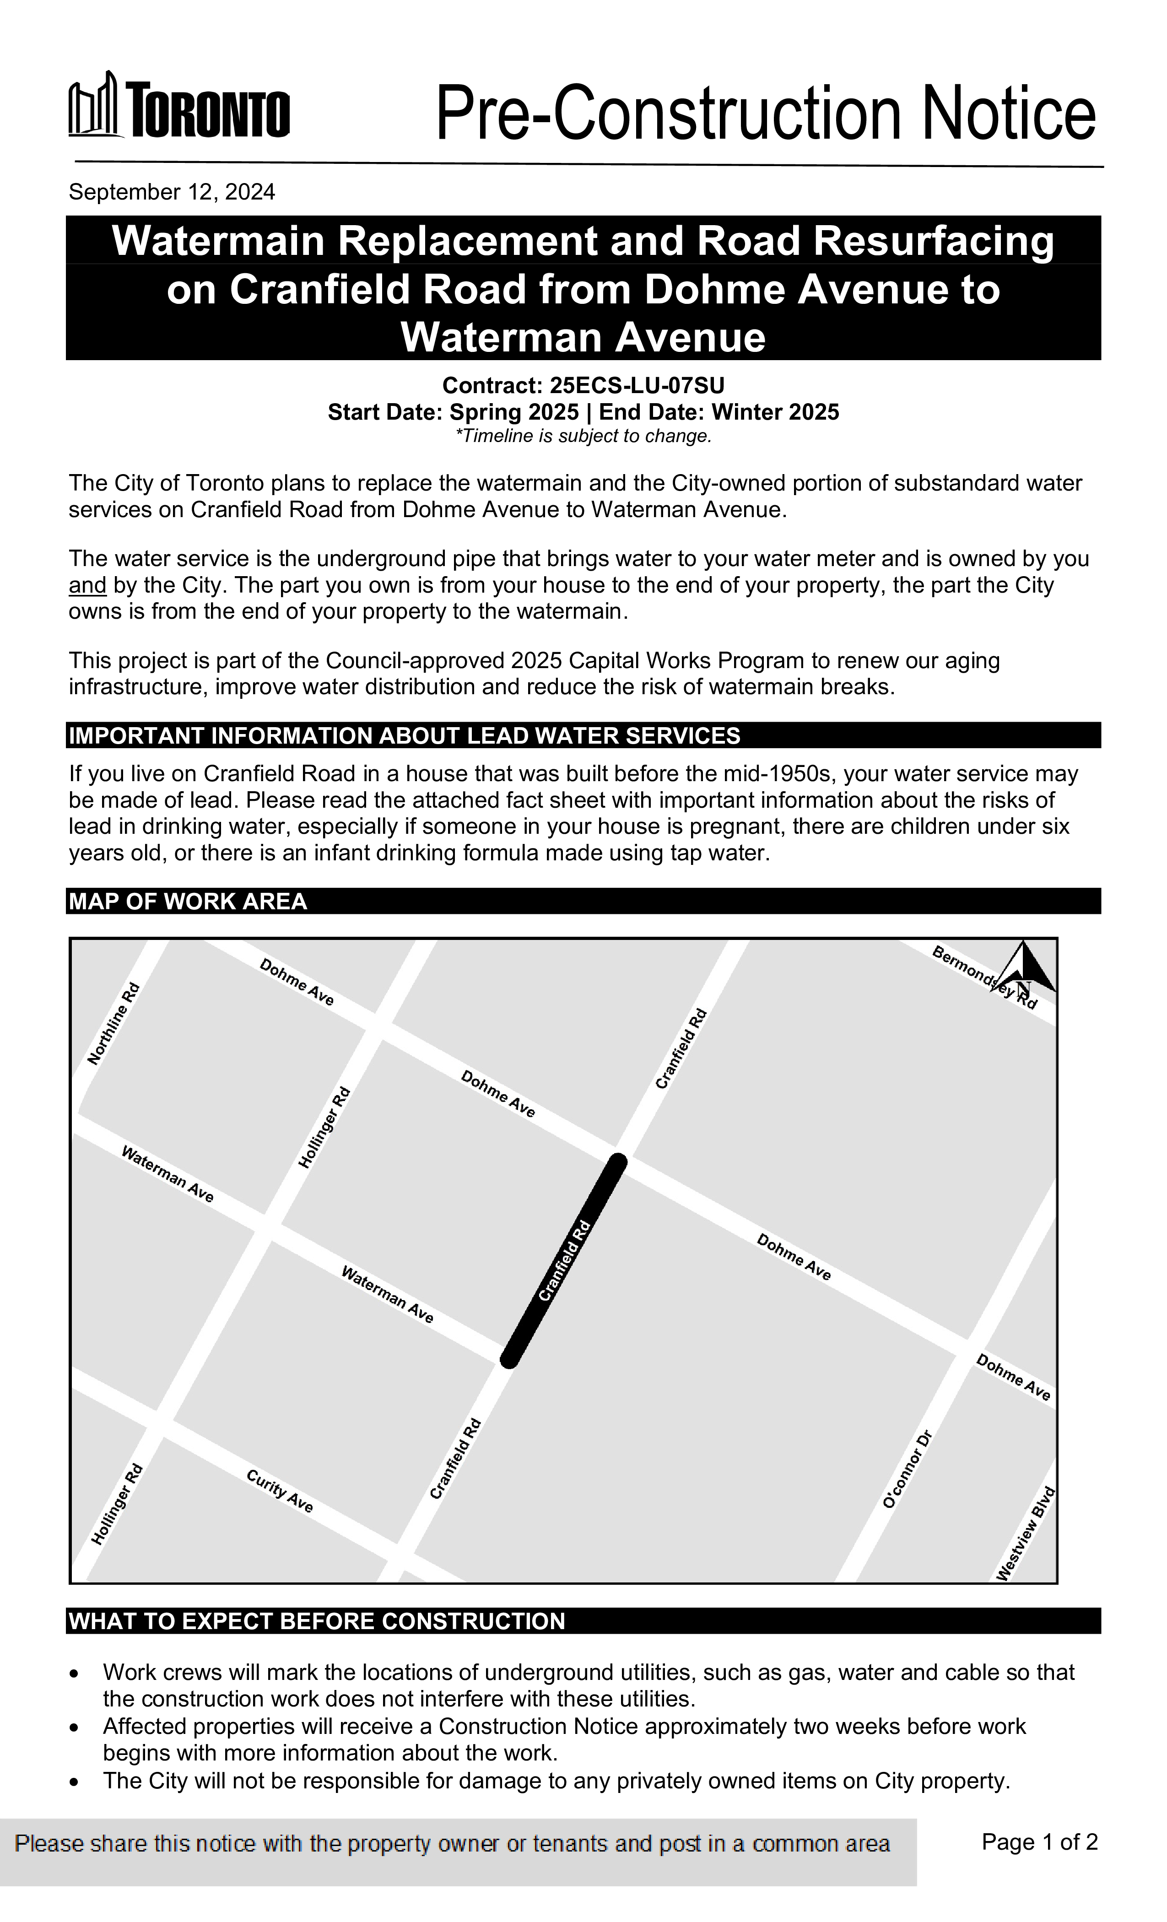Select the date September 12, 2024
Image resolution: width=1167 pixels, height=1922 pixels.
click(x=172, y=192)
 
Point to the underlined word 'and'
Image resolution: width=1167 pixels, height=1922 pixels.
click(x=87, y=585)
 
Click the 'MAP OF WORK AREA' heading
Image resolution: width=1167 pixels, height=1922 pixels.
click(x=188, y=902)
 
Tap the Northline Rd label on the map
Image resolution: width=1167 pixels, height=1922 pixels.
click(x=113, y=1023)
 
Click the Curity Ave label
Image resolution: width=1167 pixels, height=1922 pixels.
click(x=279, y=1490)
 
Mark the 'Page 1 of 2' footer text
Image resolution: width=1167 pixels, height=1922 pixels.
click(x=1039, y=1841)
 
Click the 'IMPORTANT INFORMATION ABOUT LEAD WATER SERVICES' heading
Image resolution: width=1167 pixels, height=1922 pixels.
click(x=404, y=735)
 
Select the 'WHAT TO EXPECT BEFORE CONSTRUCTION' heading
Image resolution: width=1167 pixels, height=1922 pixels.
click(x=317, y=1621)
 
